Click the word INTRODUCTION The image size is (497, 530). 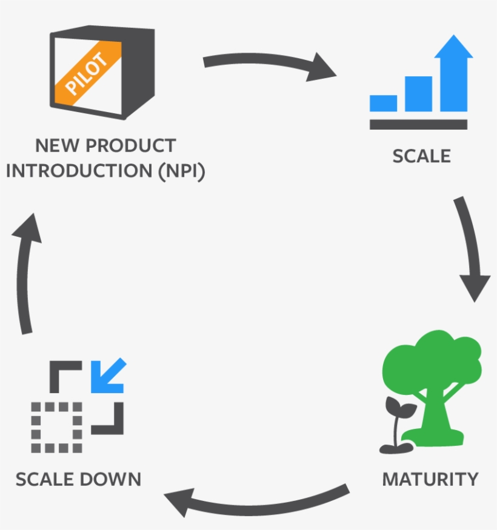click(79, 171)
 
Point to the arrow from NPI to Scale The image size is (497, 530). click(267, 64)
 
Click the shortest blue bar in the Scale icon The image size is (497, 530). click(383, 103)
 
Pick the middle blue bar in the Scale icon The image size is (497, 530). click(418, 94)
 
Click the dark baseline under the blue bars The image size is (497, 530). click(418, 124)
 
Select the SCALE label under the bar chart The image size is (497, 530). click(422, 156)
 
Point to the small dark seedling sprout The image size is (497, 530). click(397, 424)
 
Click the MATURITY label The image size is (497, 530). click(430, 479)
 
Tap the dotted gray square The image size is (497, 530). click(56, 426)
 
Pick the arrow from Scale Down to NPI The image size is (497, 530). click(27, 273)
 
